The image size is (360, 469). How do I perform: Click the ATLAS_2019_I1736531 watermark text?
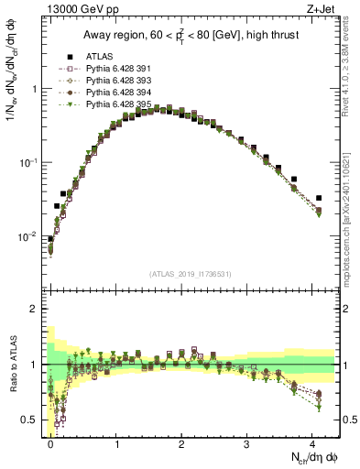tap(191, 274)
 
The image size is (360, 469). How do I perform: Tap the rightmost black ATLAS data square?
tap(319, 198)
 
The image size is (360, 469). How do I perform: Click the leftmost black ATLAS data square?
tap(50, 239)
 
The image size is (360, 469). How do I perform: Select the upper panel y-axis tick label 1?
tap(35, 90)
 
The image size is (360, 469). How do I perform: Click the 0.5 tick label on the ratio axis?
tap(30, 421)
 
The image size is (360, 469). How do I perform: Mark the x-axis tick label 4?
tap(314, 442)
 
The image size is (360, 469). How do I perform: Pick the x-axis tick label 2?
tap(182, 442)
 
